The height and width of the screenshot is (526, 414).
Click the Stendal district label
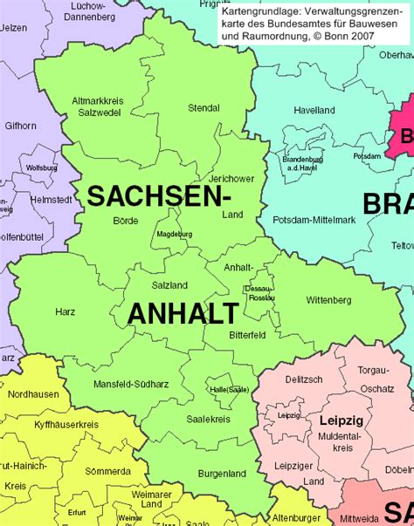204,108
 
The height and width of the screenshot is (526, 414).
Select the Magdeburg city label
174,235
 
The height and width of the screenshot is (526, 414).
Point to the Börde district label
126,221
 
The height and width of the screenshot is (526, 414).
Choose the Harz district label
66,311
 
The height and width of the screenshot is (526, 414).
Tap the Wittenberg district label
328,300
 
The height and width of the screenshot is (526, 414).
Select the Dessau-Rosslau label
259,292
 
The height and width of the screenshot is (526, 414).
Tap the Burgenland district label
220,473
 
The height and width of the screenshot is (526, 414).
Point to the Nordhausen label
31,393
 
